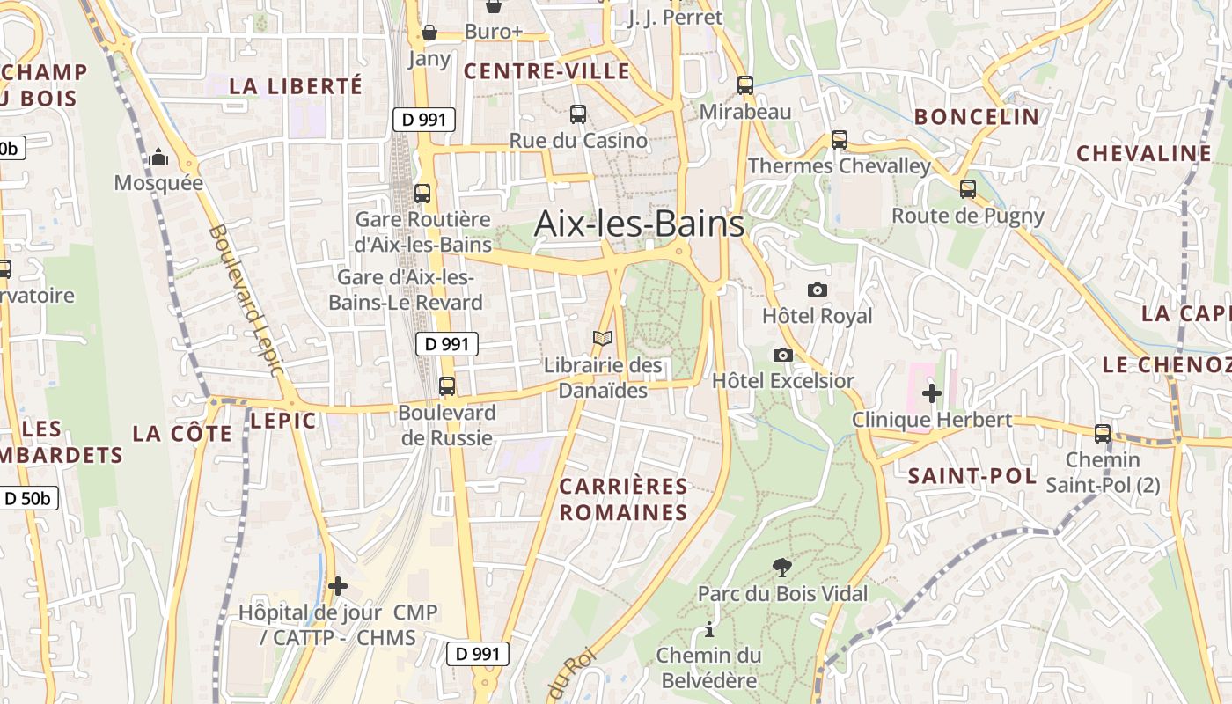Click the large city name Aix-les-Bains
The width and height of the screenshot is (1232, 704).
coord(639,224)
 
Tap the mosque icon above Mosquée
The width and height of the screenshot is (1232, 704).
coord(158,157)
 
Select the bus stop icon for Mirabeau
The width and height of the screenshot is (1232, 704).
coord(745,85)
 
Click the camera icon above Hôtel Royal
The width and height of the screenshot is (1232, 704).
coord(817,290)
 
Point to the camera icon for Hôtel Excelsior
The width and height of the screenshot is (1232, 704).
coord(782,355)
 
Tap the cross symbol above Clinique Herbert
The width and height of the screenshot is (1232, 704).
coord(932,392)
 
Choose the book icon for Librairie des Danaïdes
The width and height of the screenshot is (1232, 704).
coord(603,338)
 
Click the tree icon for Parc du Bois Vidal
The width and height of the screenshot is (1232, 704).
coord(781,568)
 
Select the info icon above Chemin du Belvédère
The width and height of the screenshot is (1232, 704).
coord(709,629)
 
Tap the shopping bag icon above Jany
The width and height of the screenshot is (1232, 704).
coord(429,33)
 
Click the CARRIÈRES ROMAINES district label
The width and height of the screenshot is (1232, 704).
coord(624,499)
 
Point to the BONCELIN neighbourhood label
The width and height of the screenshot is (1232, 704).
coord(977,116)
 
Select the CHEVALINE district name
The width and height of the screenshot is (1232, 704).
coord(1144,153)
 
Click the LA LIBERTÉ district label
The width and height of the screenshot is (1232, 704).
coord(296,85)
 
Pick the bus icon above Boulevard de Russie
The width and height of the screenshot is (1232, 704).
coord(447,385)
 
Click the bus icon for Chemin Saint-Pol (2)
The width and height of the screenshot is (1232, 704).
coord(1103,433)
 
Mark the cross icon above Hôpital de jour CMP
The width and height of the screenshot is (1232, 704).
coord(338,585)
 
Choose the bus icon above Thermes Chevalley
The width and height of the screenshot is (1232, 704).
coord(840,139)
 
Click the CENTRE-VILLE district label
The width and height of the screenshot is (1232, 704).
coord(546,71)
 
